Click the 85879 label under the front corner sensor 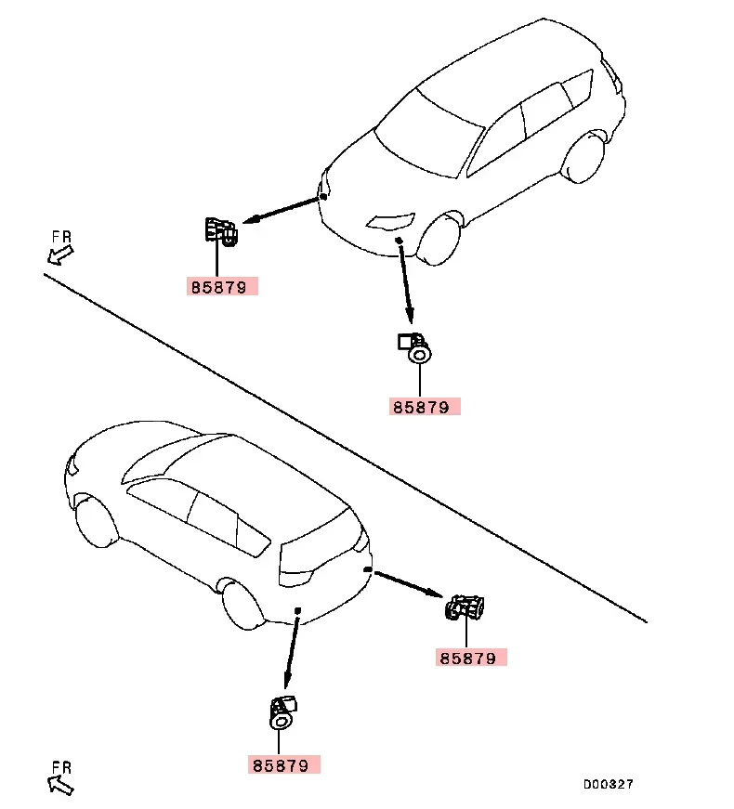click(220, 287)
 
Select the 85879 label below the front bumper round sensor click(423, 406)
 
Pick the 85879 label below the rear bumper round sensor click(283, 765)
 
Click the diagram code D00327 click(608, 784)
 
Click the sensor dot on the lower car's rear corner click(369, 568)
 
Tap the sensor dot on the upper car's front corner click(322, 195)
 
